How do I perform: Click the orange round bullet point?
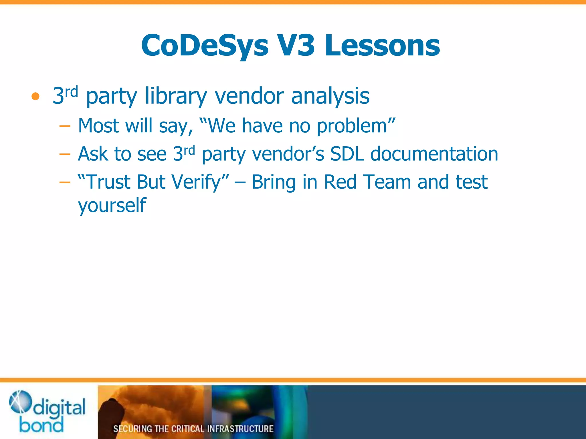click(35, 96)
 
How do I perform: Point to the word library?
click(176, 96)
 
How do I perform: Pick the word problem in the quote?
click(352, 126)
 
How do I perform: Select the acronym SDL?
click(347, 154)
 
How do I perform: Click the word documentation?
click(434, 154)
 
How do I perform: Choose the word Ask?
click(93, 154)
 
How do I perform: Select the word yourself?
click(112, 205)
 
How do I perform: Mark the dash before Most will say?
click(65, 126)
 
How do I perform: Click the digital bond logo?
click(47, 412)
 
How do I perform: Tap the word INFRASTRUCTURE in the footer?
click(240, 429)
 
